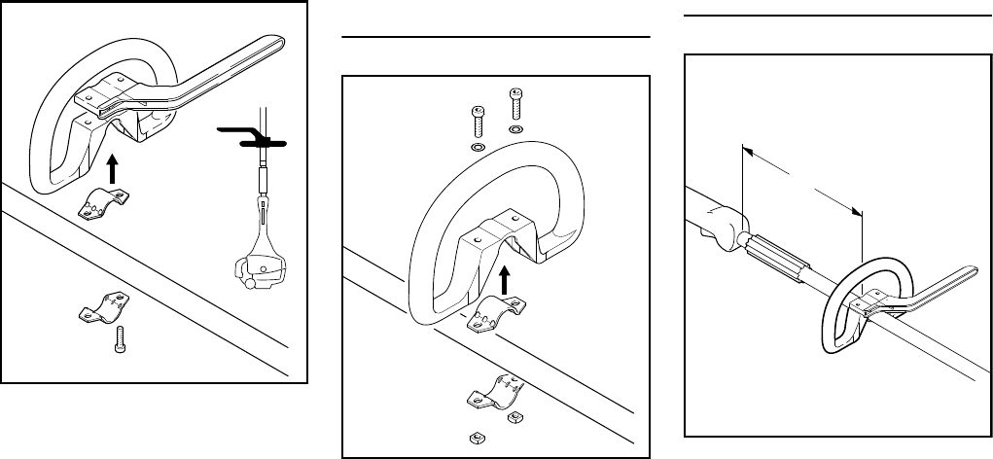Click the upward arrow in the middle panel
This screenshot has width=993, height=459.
[x=504, y=281]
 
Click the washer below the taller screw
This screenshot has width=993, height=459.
[x=515, y=128]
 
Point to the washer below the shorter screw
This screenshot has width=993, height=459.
[x=478, y=146]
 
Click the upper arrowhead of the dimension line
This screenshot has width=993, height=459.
[x=746, y=150]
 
